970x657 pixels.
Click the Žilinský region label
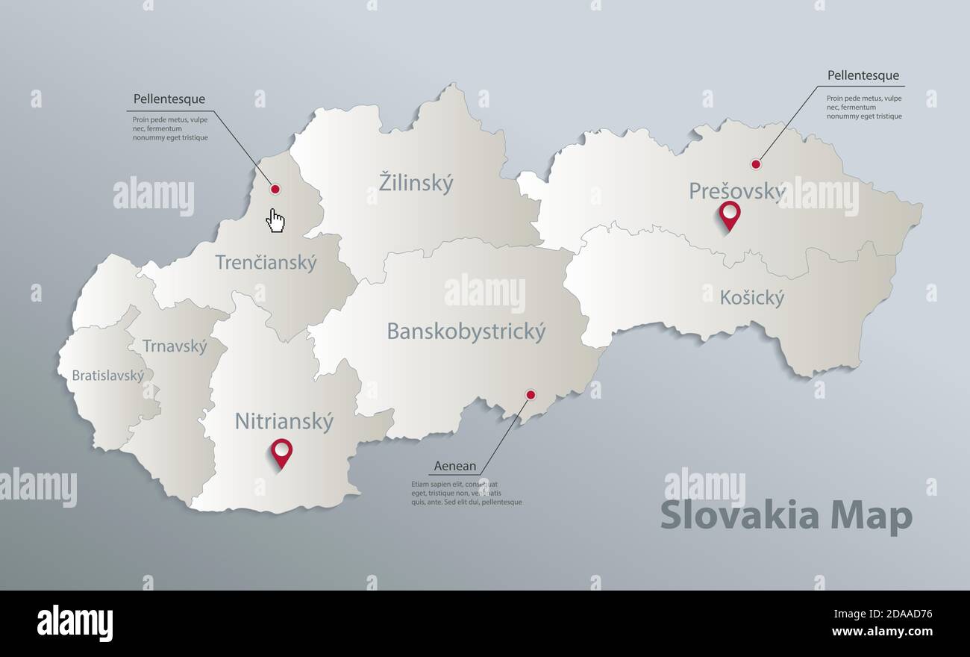pos(416,183)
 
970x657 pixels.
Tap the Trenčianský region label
pos(266,263)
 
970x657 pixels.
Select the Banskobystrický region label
pos(466,331)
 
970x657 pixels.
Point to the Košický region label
pos(752,299)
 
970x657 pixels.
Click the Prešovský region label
pos(736,192)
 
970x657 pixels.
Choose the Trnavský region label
pos(175,346)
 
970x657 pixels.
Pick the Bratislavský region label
pos(108,376)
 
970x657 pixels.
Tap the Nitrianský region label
pos(284,422)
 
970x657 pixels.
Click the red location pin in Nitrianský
pos(281,451)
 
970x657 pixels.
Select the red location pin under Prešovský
pos(729,214)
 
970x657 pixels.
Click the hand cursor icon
pos(276,220)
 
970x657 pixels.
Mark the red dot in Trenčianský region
pos(275,190)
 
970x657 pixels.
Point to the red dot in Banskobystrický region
pos(531,394)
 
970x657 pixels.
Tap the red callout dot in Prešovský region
pos(756,164)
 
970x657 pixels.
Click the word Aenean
pos(455,467)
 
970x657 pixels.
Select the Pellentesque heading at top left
pos(169,99)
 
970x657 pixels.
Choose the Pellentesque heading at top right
pos(863,75)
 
